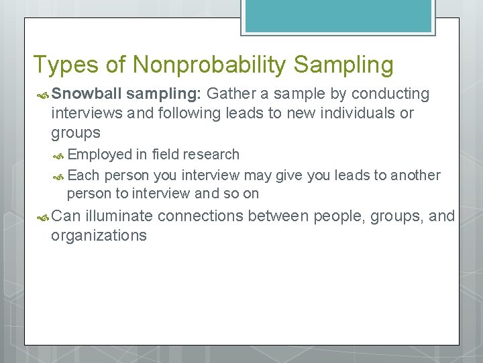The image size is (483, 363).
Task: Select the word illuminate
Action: (119, 216)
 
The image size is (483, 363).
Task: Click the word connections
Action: (201, 216)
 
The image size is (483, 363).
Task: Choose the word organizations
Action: (99, 235)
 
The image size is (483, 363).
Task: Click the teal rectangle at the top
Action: (338, 15)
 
